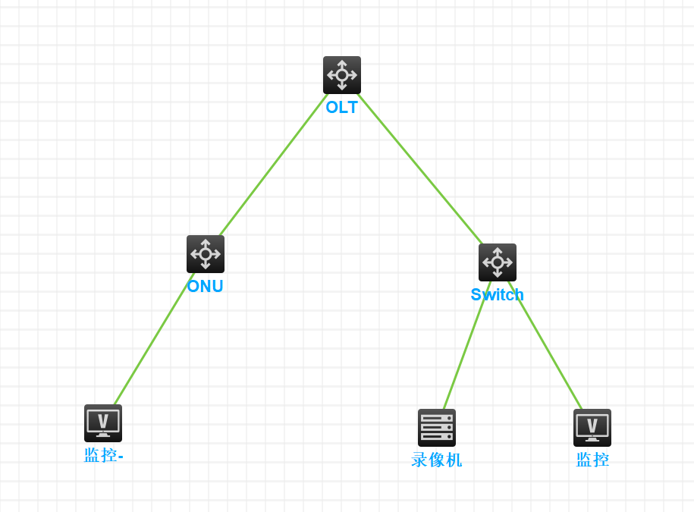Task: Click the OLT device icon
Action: point(342,75)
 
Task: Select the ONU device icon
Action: point(206,254)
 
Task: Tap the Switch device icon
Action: point(498,262)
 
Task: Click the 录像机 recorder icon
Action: point(437,428)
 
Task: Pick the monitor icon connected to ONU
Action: point(103,423)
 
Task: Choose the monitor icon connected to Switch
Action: point(592,428)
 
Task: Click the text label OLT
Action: point(342,108)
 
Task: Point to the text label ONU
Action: point(206,287)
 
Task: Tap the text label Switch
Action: point(498,295)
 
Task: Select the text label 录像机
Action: point(437,460)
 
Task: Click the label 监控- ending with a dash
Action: point(104,456)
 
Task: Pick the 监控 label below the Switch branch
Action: point(592,460)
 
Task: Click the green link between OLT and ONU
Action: point(273,165)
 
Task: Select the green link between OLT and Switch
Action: point(420,169)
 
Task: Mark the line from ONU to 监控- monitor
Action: point(154,339)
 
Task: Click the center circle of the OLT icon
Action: point(342,75)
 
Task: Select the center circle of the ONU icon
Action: point(206,254)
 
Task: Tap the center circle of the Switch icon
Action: point(498,262)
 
